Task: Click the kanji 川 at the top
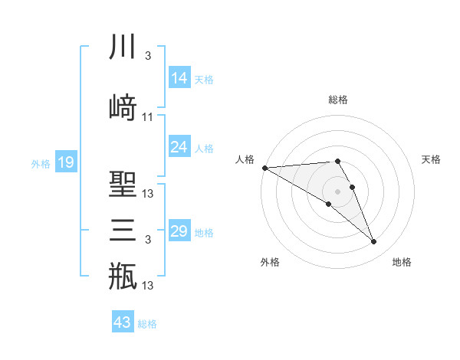[x=123, y=47]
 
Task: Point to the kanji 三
[x=123, y=229]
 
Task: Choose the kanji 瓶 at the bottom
[x=123, y=276]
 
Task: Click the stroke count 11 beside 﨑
[x=147, y=117]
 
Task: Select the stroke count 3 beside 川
[x=147, y=56]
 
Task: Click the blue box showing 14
[x=179, y=78]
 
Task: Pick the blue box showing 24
[x=179, y=147]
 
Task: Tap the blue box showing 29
[x=179, y=231]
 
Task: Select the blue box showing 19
[x=66, y=162]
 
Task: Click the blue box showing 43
[x=123, y=322]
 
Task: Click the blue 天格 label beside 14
[x=204, y=79]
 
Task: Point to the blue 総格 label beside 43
[x=147, y=324]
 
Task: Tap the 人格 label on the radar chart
[x=245, y=159]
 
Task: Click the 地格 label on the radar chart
[x=402, y=262]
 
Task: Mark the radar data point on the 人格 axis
[x=264, y=168]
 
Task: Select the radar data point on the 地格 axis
[x=373, y=242]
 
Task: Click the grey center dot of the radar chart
[x=337, y=191]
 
